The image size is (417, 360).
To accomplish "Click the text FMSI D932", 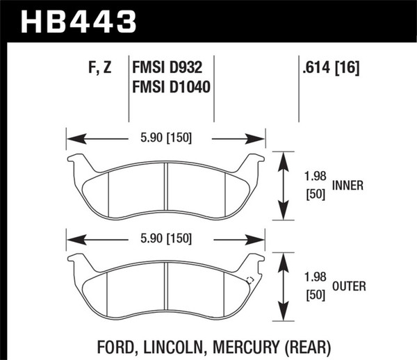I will point(172,69).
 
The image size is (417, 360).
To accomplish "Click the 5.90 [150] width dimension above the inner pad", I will point(165,138).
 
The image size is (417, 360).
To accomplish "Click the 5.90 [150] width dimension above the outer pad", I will point(165,239).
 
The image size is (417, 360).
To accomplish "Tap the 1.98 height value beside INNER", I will point(316,177).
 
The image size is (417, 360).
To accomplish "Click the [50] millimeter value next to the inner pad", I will point(316,195).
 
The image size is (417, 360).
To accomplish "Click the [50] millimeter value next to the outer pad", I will point(316,296).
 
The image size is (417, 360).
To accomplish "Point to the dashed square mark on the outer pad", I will point(250,280).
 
